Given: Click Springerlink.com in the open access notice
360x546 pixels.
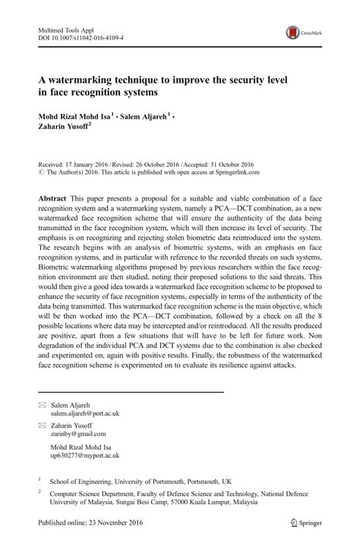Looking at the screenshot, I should (229, 173).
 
